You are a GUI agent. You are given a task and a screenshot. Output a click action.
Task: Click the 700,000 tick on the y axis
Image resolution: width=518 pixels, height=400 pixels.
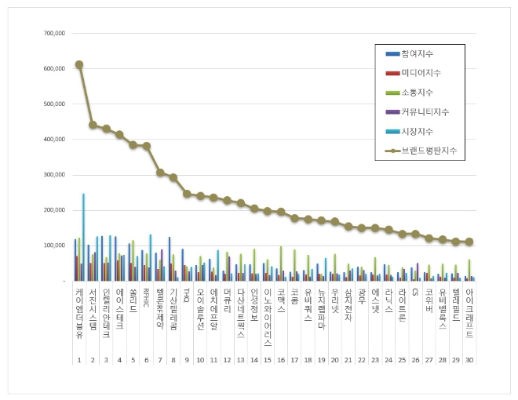[53, 34]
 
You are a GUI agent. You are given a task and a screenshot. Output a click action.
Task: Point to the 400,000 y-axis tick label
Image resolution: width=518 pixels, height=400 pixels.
[53, 140]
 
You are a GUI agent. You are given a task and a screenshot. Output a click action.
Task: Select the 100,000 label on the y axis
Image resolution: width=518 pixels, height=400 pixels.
[53, 245]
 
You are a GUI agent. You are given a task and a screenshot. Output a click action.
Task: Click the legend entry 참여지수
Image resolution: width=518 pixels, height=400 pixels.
[417, 53]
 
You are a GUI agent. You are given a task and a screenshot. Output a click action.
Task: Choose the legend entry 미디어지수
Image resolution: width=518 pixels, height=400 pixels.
[420, 72]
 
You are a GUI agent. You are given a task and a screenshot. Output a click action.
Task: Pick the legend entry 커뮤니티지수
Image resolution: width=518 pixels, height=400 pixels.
[424, 111]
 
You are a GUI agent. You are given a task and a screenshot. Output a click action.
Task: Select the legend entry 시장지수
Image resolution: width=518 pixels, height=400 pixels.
[417, 131]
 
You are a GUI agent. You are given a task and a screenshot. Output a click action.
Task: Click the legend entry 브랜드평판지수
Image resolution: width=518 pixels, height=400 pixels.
[427, 150]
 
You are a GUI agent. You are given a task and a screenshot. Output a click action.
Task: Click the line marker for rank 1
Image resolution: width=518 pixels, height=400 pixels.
[79, 64]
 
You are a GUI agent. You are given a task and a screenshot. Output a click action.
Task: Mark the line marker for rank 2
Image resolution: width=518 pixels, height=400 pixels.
[93, 125]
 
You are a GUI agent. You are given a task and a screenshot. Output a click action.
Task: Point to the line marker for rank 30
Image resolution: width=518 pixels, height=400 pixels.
[469, 242]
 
